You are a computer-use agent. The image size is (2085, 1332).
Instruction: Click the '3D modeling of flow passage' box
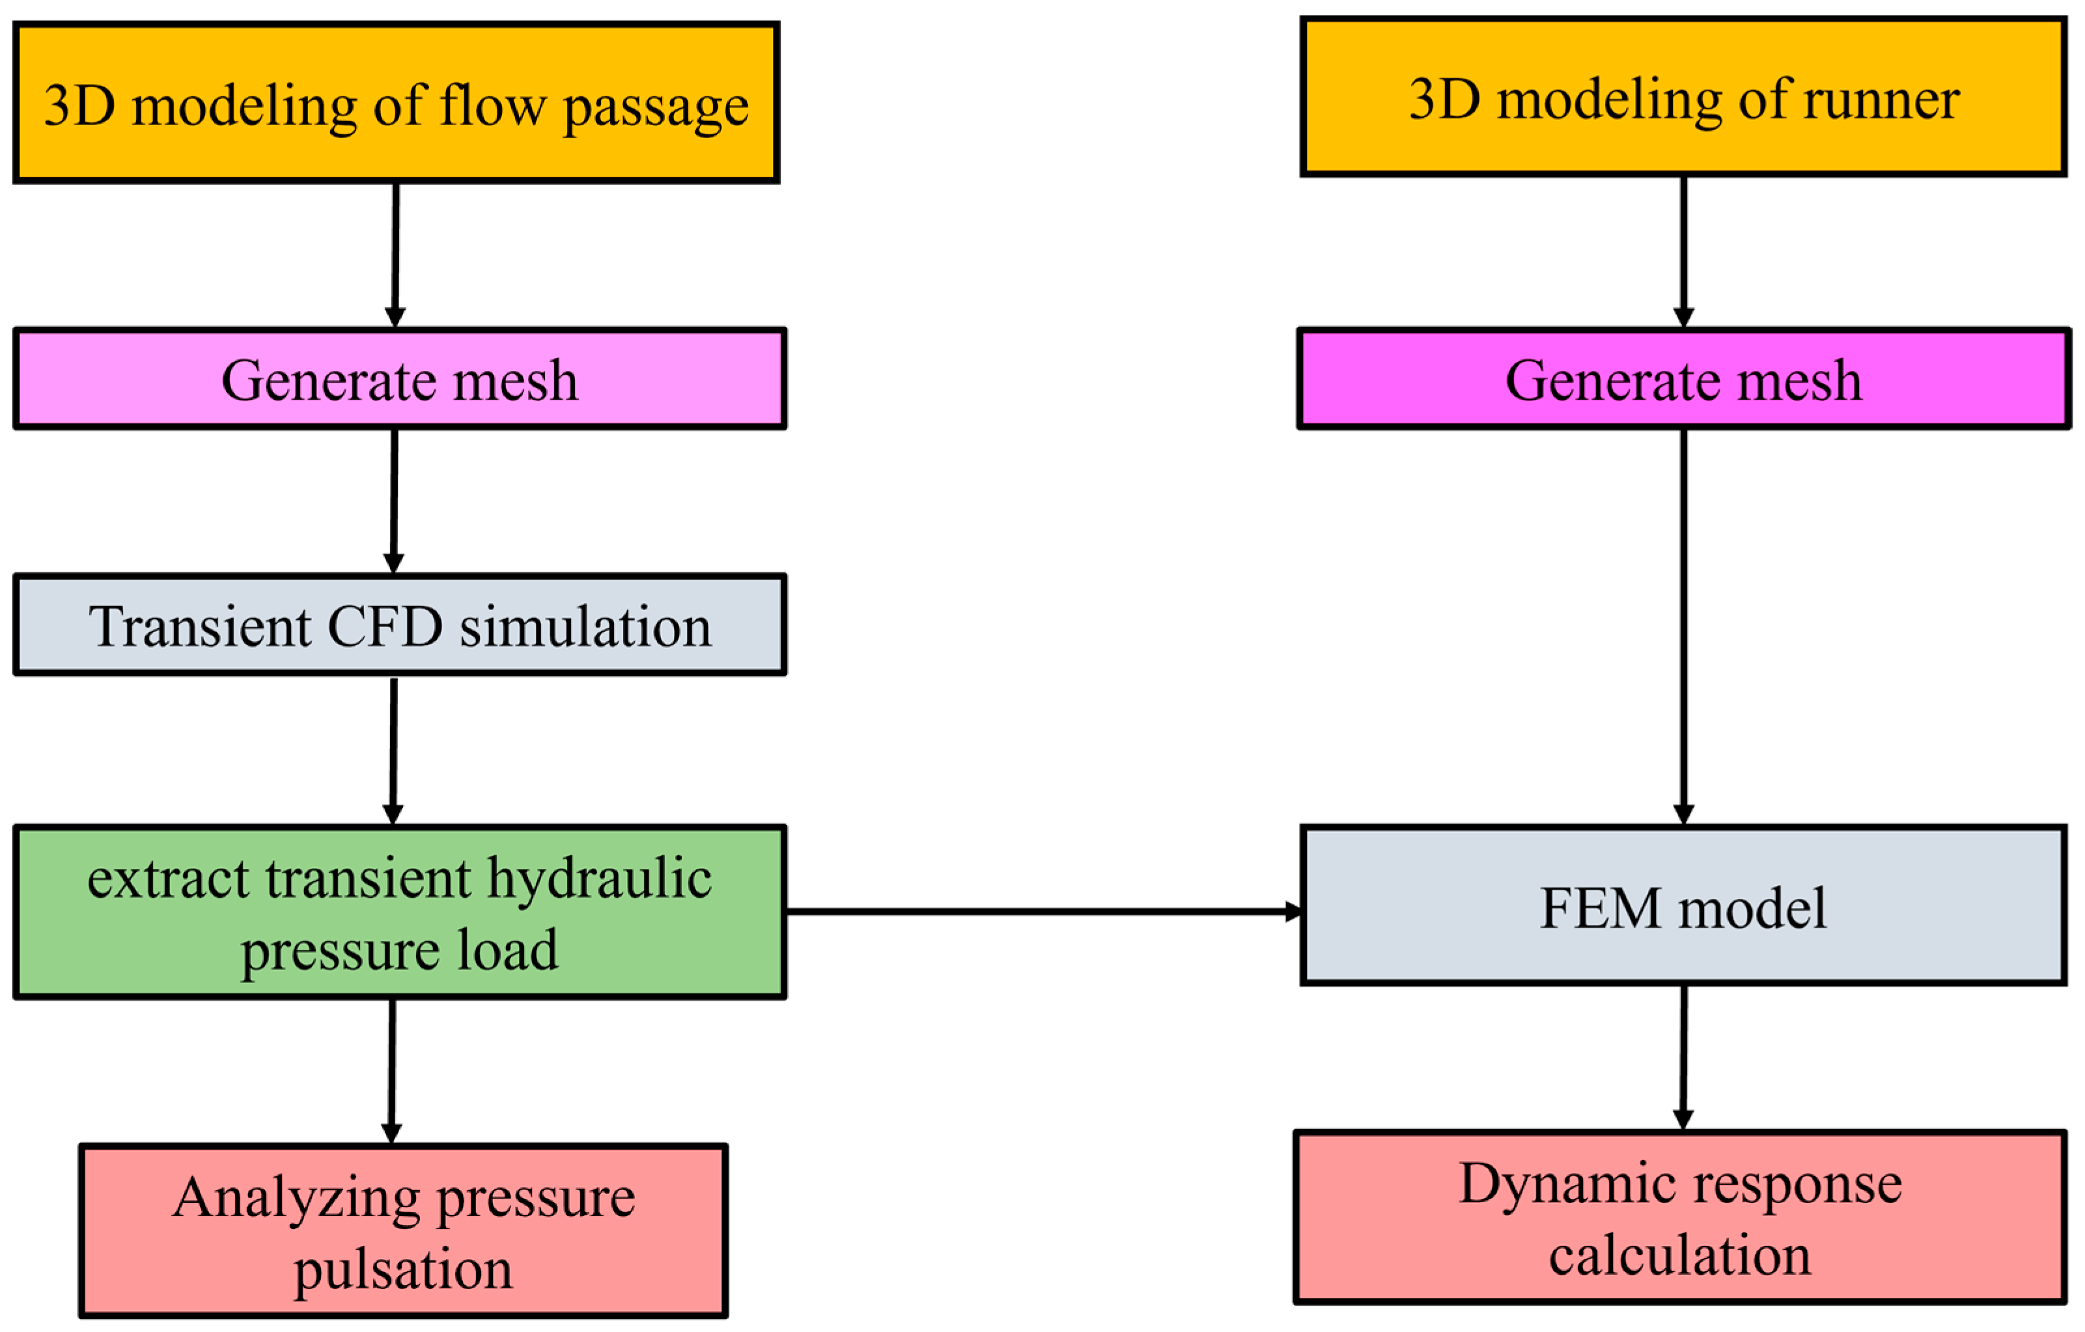click(x=397, y=103)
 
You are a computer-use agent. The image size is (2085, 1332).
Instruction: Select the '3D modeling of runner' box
click(x=1684, y=97)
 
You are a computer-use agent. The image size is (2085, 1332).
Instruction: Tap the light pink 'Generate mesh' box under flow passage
click(x=400, y=378)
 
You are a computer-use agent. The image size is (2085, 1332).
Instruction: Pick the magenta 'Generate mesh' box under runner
click(x=1684, y=378)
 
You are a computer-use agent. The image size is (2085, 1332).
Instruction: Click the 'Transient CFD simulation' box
click(x=400, y=625)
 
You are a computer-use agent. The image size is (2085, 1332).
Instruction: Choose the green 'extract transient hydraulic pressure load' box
click(x=400, y=912)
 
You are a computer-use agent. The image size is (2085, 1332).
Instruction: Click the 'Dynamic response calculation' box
click(x=1681, y=1217)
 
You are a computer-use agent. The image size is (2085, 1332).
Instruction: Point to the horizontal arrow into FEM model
click(x=1043, y=911)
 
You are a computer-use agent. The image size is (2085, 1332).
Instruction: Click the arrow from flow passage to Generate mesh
click(x=396, y=255)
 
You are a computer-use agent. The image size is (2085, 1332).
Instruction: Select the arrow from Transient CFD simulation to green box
click(x=394, y=751)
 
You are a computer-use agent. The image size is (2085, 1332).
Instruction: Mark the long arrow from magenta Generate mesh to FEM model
click(x=1684, y=627)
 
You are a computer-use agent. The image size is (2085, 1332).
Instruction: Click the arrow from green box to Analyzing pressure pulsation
click(x=392, y=1072)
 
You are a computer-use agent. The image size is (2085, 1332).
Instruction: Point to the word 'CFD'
click(x=385, y=626)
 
